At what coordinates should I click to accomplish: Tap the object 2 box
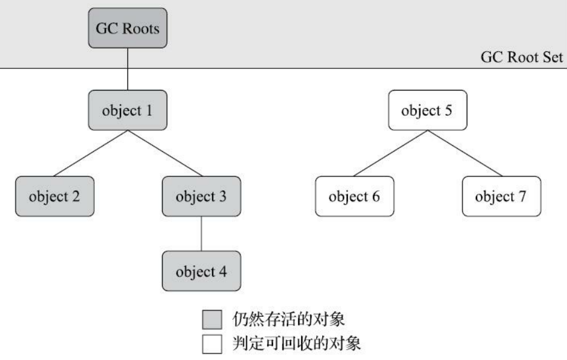coord(54,196)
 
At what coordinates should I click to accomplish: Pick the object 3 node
coord(200,196)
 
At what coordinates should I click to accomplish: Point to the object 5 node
coord(427,111)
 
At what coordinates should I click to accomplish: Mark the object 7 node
coord(500,196)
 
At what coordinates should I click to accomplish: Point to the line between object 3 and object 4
coord(200,233)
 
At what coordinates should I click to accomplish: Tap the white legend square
coord(211,346)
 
